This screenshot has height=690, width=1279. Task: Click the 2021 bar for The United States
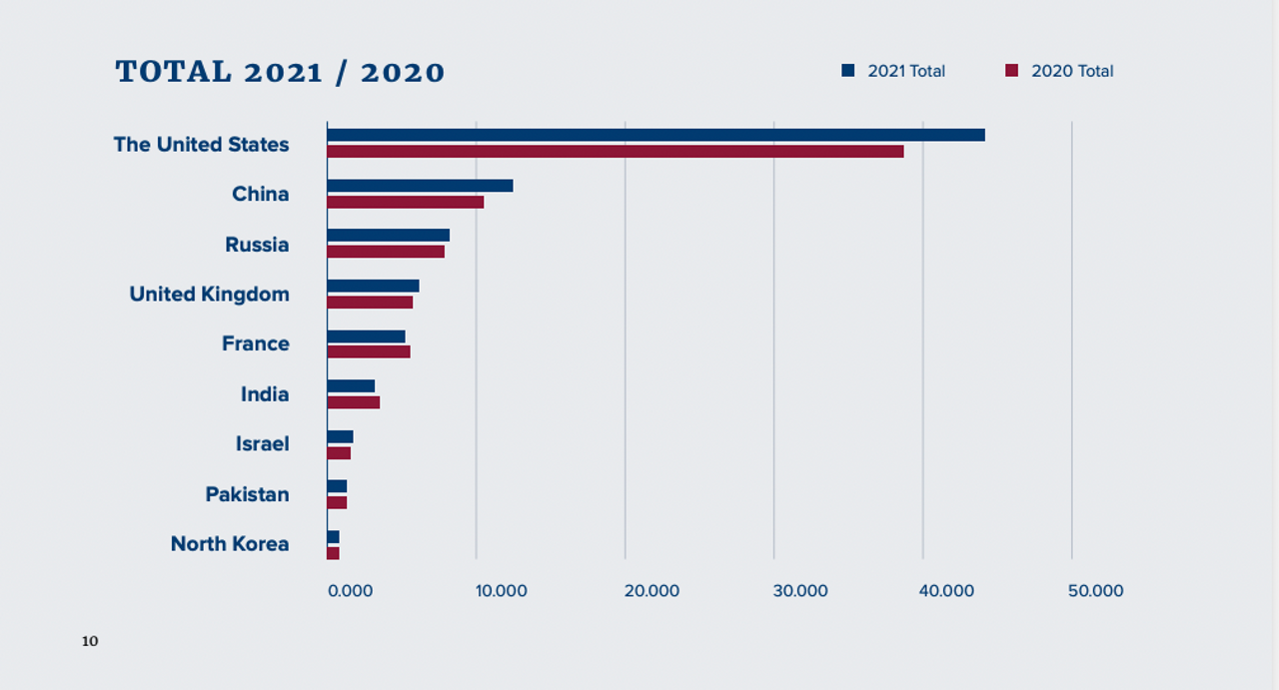point(655,135)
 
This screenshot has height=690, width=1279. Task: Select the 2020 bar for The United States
point(615,152)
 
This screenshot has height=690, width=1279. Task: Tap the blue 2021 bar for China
point(420,186)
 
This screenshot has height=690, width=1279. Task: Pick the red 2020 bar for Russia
point(386,252)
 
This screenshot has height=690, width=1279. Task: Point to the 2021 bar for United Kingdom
point(373,286)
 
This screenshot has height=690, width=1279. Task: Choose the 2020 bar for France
point(369,351)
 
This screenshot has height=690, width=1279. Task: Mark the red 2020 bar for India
point(354,402)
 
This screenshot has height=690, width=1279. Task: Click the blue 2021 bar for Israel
point(340,436)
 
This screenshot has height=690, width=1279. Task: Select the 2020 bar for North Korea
point(334,553)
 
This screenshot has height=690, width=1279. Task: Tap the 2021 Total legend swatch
point(848,71)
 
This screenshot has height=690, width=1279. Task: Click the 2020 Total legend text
point(1072,72)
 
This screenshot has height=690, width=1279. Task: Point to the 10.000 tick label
point(501,591)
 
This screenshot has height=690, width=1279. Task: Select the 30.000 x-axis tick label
point(799,591)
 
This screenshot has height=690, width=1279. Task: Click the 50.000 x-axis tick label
point(1095,591)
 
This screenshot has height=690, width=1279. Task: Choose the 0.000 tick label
point(351,591)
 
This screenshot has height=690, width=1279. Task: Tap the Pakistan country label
point(247,494)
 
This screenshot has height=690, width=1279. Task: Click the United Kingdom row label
point(209,295)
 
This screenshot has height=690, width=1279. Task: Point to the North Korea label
point(229,544)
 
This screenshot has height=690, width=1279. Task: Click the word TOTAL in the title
point(173,72)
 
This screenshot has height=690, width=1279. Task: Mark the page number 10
point(90,641)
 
